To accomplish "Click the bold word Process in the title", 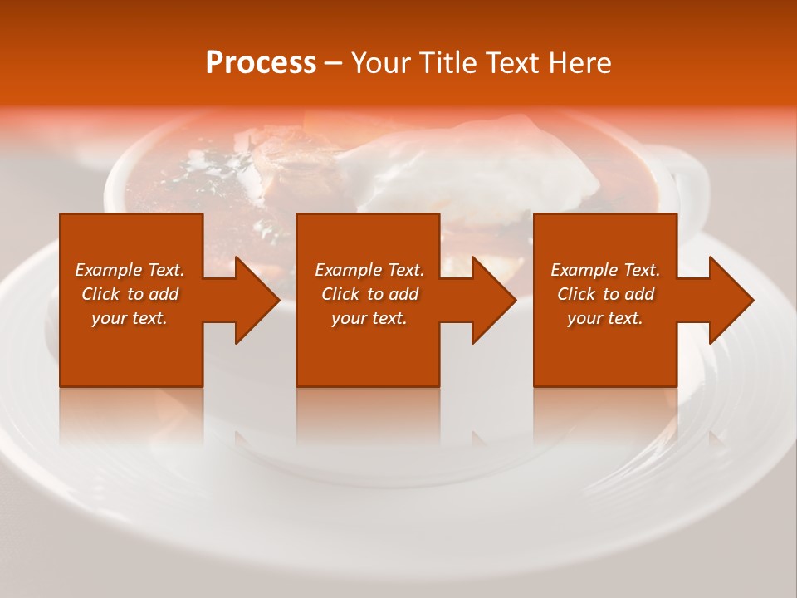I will pyautogui.click(x=261, y=63).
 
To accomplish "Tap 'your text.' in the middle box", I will pyautogui.click(x=369, y=318).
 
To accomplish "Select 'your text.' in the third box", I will pyautogui.click(x=604, y=318).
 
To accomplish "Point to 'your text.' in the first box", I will pyautogui.click(x=129, y=318).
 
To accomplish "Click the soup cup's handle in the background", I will pyautogui.click(x=687, y=179).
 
